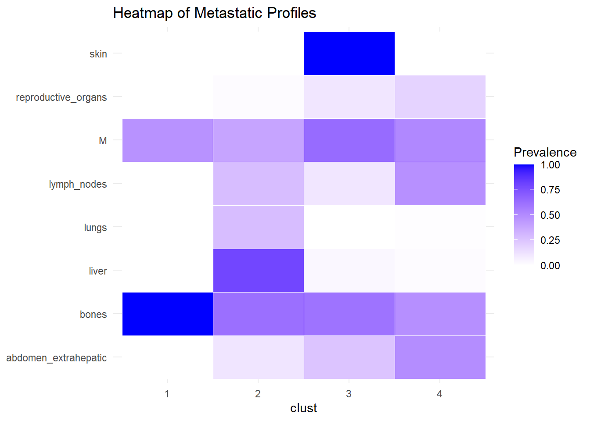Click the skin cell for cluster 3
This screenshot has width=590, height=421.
click(349, 54)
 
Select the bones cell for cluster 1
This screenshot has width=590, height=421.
click(167, 314)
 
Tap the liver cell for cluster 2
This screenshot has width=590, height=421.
click(258, 271)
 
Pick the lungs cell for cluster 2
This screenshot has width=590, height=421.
click(258, 227)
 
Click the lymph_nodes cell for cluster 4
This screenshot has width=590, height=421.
click(440, 184)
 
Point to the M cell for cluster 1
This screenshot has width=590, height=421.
click(167, 140)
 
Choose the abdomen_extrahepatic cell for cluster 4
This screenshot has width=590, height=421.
click(440, 357)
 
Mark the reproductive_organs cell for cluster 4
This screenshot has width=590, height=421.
click(440, 97)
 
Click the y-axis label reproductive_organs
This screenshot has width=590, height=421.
click(61, 97)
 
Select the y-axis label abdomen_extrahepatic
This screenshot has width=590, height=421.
click(57, 358)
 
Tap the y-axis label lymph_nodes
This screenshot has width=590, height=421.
click(78, 184)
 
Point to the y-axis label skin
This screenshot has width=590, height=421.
click(98, 54)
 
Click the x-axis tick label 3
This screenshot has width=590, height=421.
click(349, 394)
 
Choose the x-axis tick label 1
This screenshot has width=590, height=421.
click(167, 394)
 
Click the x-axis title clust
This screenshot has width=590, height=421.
click(303, 408)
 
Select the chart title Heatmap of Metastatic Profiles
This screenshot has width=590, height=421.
click(214, 13)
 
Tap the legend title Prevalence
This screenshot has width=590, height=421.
click(545, 152)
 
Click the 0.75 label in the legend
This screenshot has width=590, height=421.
click(550, 190)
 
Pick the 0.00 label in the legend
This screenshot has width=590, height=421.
click(550, 266)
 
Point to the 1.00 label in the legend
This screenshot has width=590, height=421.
click(550, 165)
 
